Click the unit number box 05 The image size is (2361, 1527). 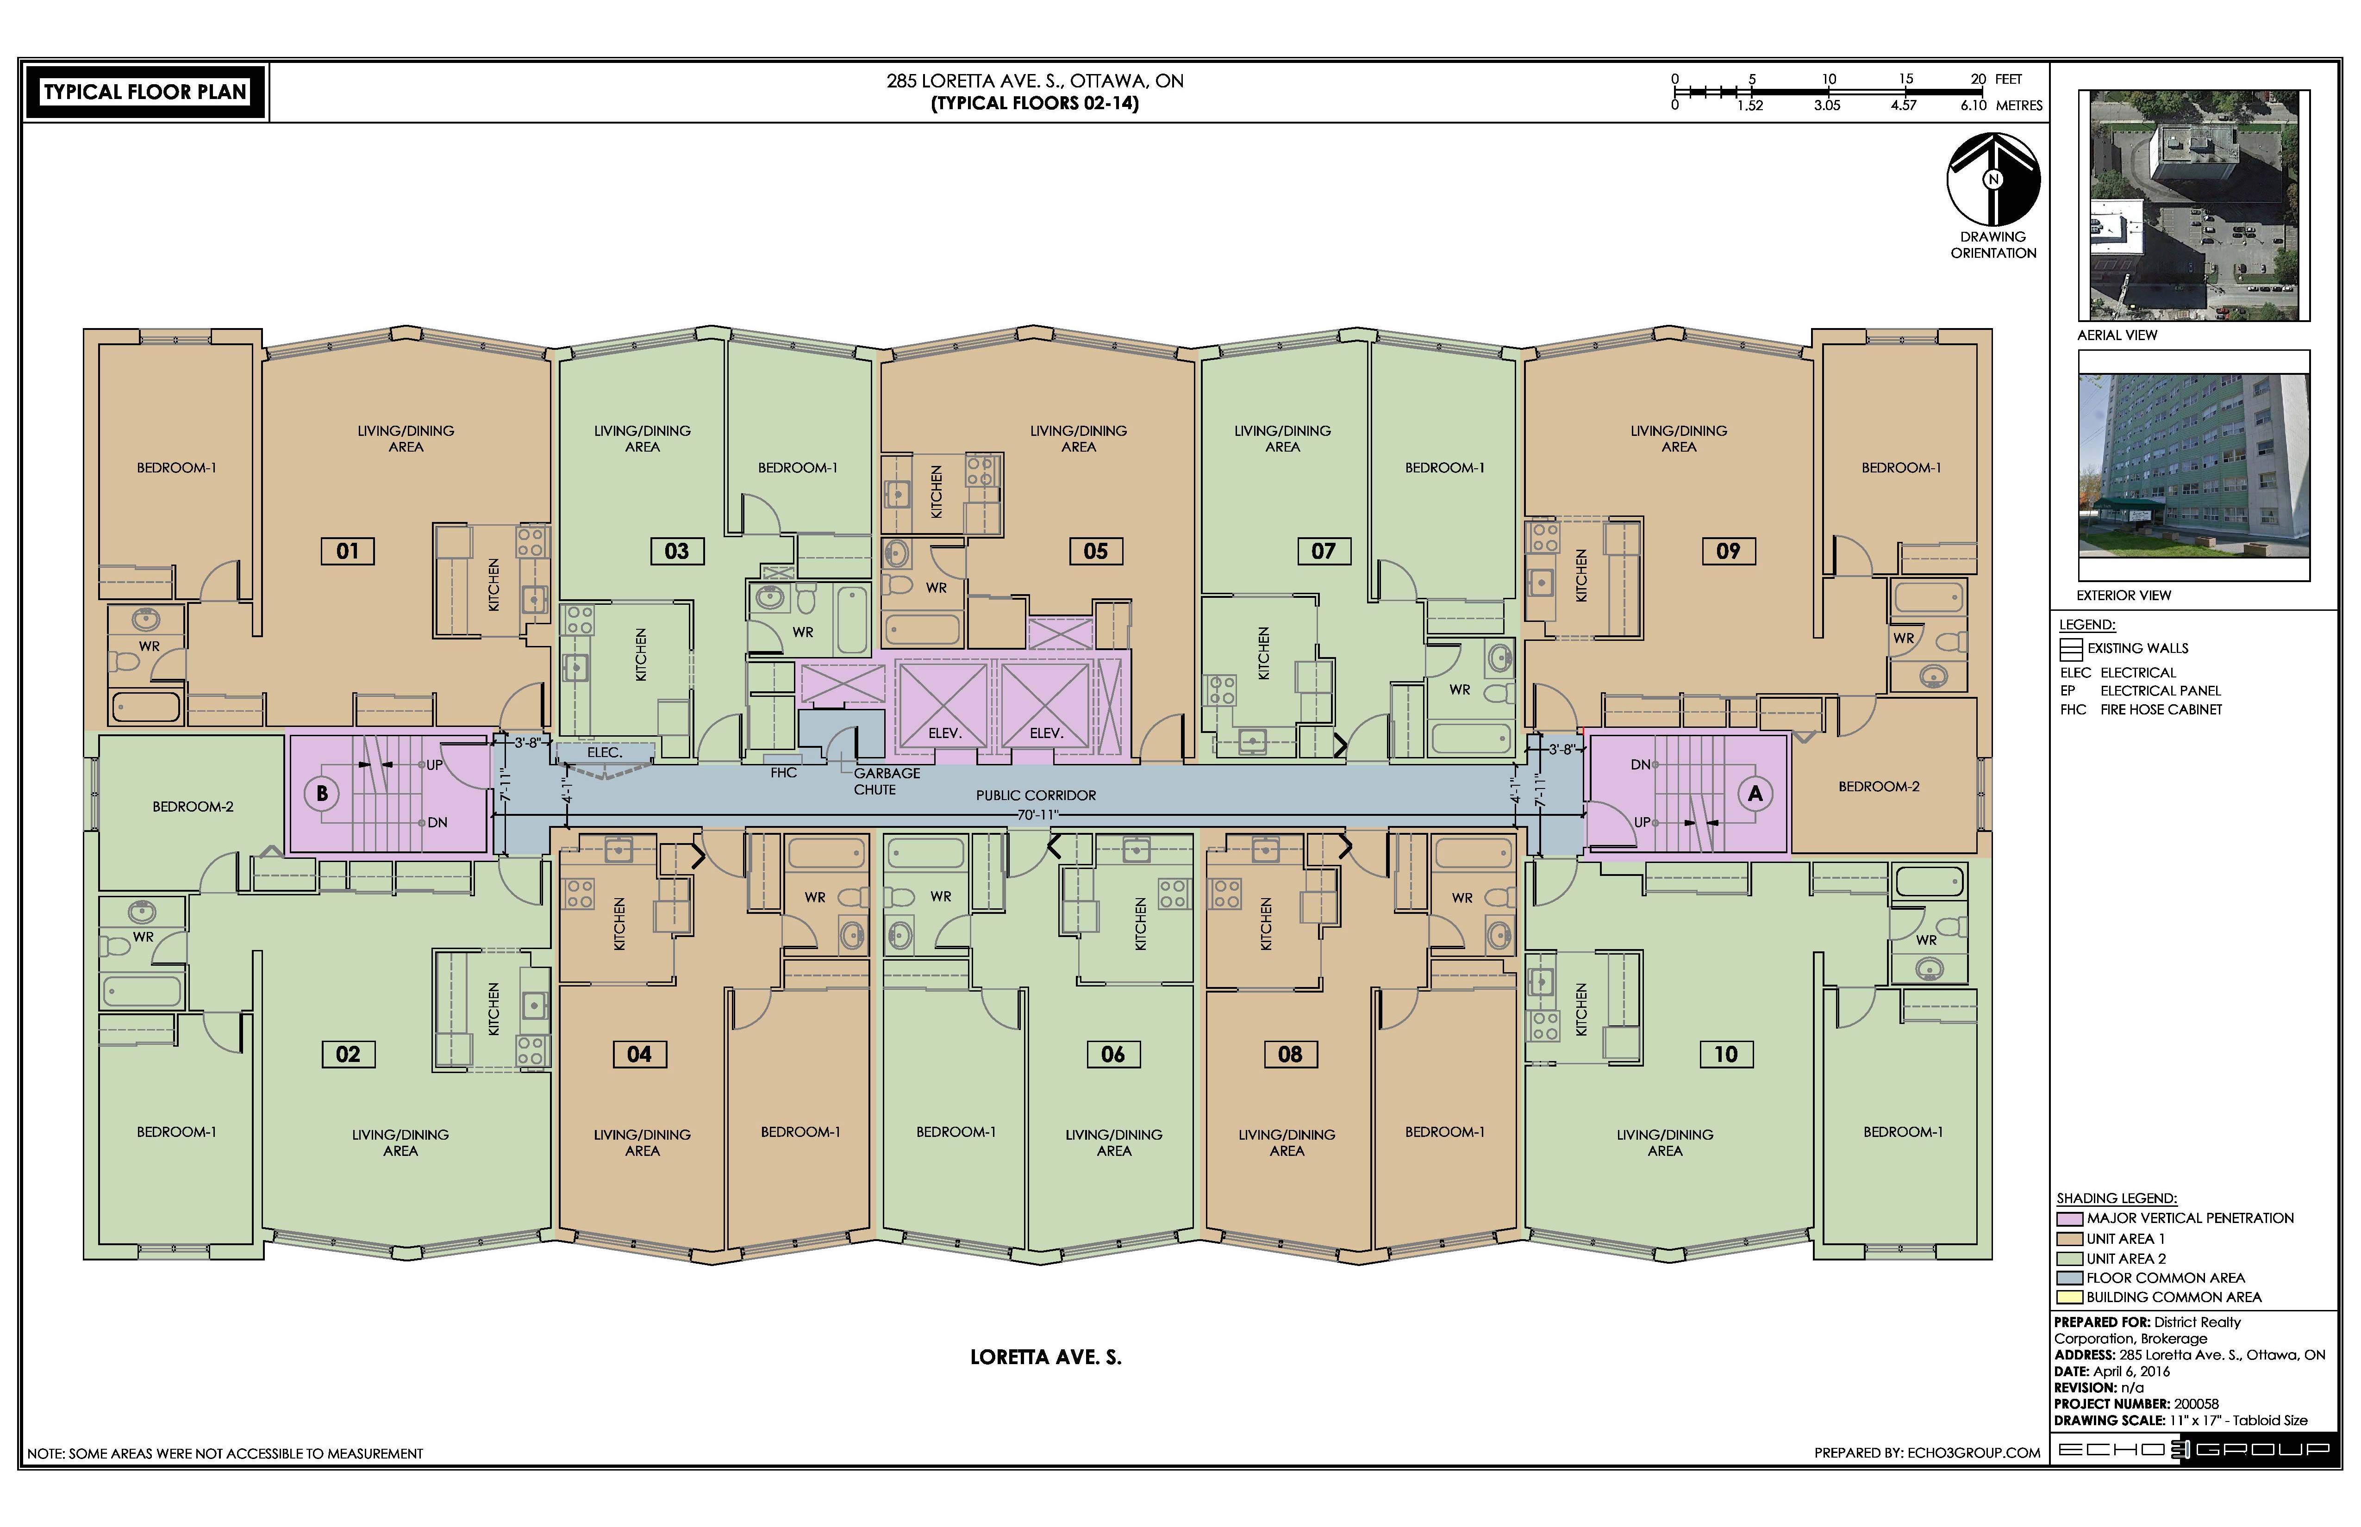[1095, 551]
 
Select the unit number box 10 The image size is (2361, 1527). [1726, 1054]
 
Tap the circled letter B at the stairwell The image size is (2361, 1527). [321, 793]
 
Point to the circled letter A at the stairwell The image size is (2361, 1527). [1755, 793]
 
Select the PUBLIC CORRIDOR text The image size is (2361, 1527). [1036, 795]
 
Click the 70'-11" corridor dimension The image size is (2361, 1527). [1037, 815]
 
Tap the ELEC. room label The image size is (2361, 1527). [604, 752]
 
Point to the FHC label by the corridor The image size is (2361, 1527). [784, 772]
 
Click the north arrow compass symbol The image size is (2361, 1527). [1993, 180]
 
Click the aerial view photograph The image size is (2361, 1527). [2193, 205]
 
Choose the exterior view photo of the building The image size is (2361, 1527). [2193, 466]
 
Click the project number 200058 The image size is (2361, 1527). [2196, 1404]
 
